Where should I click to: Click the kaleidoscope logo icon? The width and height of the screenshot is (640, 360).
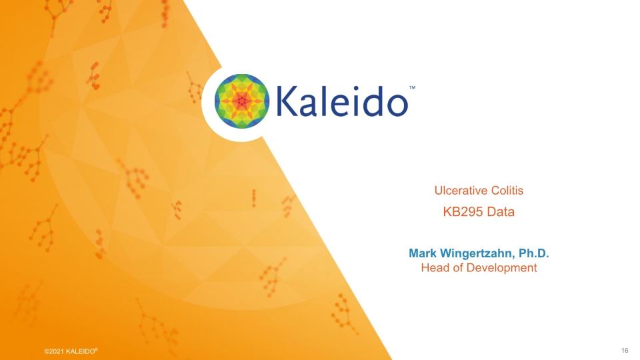point(241,102)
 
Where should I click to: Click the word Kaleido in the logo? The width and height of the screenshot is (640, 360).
point(341,102)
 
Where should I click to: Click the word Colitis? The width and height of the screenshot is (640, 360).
point(505,191)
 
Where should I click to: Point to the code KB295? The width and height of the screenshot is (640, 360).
point(463,213)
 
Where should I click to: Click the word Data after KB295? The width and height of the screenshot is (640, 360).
point(501,213)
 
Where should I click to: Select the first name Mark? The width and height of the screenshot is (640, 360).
point(422,253)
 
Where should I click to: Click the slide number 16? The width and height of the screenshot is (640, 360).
point(625,351)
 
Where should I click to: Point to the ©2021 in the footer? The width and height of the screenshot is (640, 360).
point(54,351)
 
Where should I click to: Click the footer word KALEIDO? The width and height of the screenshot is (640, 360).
point(81,351)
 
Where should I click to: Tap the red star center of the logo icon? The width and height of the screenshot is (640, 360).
point(241,102)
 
